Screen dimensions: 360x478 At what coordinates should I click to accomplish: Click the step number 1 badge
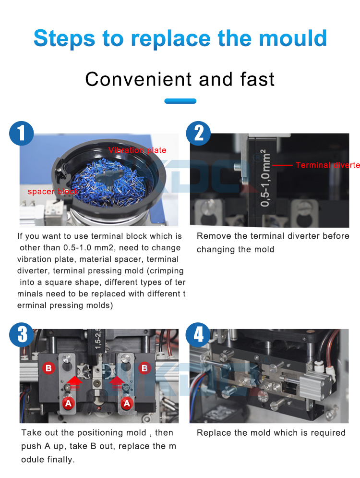tap(21, 133)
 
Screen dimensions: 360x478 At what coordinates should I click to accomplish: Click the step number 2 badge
tap(198, 133)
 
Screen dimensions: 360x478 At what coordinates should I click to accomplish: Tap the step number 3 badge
tap(21, 334)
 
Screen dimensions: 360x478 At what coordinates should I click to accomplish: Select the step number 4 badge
tap(198, 334)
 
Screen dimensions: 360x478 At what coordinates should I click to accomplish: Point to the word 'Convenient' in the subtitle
tap(138, 79)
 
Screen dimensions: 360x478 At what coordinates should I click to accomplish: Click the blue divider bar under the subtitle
tap(180, 101)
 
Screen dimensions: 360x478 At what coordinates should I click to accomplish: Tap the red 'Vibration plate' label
tap(137, 150)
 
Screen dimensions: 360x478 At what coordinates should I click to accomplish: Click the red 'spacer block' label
tap(53, 192)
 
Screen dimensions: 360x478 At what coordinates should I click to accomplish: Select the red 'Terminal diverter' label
tap(328, 165)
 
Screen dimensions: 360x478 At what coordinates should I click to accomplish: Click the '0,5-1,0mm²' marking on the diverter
tap(264, 178)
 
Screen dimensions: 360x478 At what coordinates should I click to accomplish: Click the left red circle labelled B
tap(48, 368)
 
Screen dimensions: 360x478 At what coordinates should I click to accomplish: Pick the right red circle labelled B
tap(144, 368)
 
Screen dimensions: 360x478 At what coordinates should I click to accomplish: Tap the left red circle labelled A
tap(69, 404)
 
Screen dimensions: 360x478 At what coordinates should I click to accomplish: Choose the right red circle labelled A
tap(127, 404)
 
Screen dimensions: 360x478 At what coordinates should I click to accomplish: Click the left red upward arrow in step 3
tap(74, 382)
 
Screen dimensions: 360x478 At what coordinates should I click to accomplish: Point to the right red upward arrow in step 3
tap(117, 382)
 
